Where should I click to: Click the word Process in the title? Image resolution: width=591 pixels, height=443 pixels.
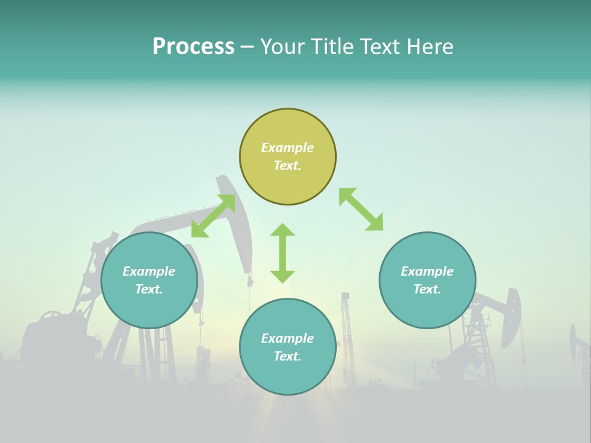193,47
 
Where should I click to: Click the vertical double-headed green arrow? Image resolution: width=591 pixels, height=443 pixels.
283,253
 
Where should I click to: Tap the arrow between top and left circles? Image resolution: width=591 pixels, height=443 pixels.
213,216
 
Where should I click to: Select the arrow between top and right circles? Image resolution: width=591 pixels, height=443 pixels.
361,209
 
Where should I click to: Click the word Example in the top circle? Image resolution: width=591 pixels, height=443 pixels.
287,148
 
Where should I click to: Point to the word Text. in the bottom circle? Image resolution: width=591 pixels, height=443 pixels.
287,356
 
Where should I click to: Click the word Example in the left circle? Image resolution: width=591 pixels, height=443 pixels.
149,271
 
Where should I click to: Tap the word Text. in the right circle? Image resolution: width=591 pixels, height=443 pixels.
427,289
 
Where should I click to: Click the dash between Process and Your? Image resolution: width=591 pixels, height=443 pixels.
247,47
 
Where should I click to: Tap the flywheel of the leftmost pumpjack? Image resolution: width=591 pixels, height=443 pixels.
52,321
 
